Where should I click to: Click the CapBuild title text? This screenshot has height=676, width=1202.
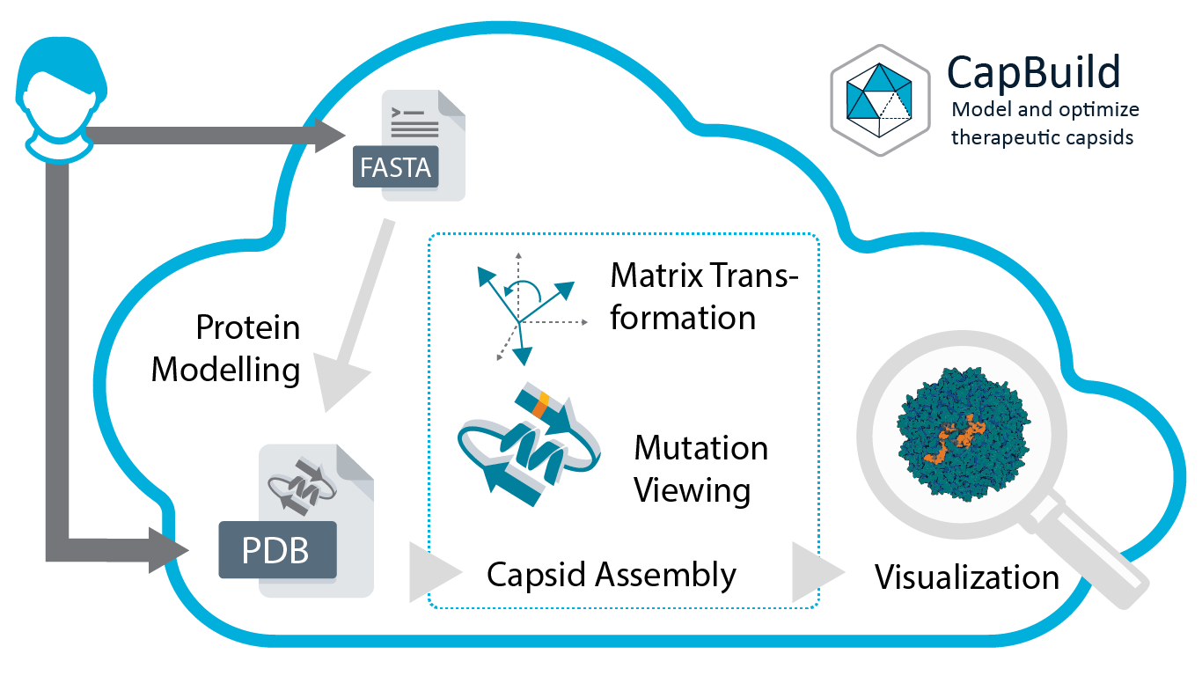click(1033, 71)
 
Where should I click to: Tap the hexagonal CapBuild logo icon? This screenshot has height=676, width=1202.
click(880, 101)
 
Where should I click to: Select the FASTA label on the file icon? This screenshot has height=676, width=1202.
click(395, 167)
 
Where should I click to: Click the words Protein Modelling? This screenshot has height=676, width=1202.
click(227, 349)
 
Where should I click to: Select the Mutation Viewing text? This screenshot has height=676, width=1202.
click(700, 468)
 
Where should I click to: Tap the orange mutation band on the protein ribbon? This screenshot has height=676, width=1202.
click(541, 401)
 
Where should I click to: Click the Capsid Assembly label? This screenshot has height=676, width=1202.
click(612, 575)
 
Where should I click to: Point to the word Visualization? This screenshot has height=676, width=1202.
click(966, 577)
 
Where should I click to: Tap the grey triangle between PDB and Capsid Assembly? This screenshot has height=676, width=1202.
click(433, 573)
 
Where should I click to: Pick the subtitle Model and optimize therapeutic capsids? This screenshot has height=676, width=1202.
click(1045, 123)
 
